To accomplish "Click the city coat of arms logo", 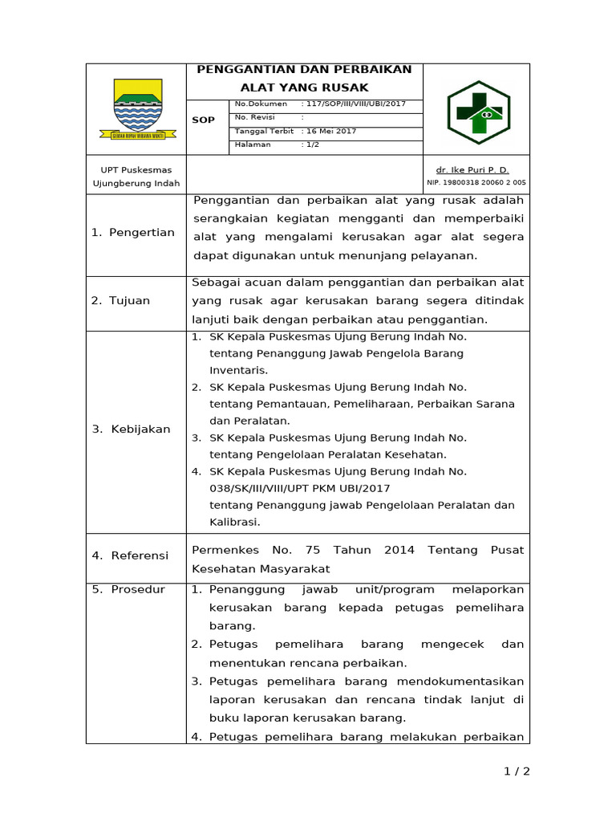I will [x=137, y=109].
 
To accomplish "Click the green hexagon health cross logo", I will [x=478, y=112].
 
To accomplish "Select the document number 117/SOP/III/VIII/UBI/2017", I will [x=354, y=104].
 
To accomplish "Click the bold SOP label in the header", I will [x=204, y=120].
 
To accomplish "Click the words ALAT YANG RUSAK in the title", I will [x=304, y=87].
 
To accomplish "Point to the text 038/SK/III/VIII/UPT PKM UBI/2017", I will [x=300, y=488].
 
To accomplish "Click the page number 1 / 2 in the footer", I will [x=517, y=771].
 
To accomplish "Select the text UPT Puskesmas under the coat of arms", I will [x=131, y=170].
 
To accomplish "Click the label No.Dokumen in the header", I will [x=261, y=104].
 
